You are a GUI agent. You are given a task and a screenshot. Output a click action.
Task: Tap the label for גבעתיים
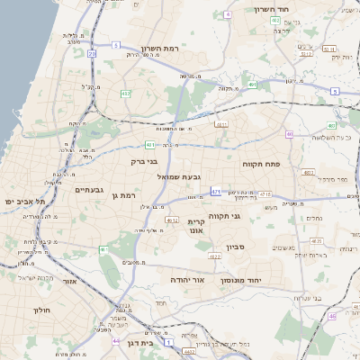[89, 190]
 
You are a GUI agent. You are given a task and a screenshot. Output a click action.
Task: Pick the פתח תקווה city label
[261, 165]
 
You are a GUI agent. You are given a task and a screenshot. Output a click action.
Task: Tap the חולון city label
[42, 310]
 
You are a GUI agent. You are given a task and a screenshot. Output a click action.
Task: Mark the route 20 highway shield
[93, 53]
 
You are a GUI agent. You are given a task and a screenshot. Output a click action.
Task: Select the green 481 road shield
[149, 144]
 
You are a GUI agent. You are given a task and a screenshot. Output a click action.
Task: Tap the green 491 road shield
[253, 85]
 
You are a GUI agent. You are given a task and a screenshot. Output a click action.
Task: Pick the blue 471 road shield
[216, 192]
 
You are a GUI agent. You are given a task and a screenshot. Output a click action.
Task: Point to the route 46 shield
[332, 316]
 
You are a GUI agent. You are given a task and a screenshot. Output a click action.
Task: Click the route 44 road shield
[115, 341]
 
